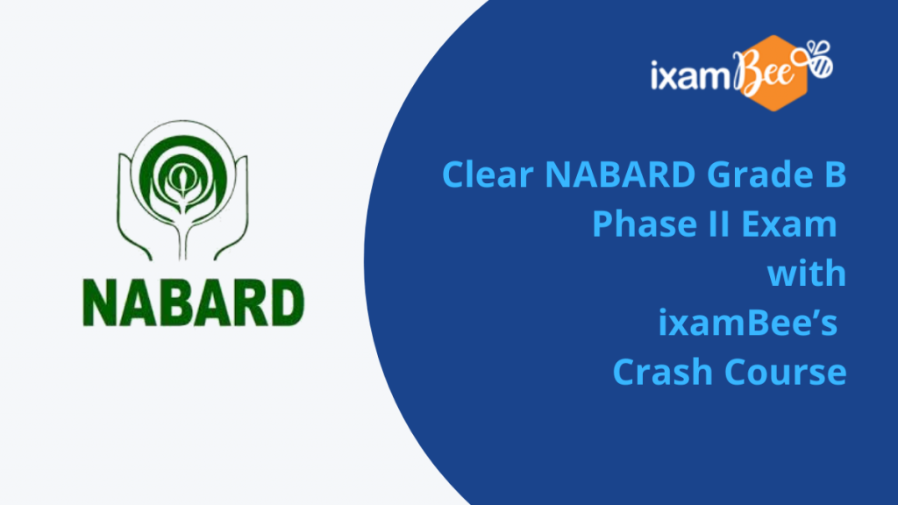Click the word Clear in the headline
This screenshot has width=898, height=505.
tap(488, 174)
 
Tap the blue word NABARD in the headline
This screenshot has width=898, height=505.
tap(620, 174)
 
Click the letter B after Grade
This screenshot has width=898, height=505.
tap(836, 174)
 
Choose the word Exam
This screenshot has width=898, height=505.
tap(788, 224)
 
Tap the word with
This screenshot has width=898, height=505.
tap(807, 274)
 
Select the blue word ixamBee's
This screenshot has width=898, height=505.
tap(747, 323)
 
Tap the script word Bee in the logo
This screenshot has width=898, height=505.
tap(765, 72)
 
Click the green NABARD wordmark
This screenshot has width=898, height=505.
tap(194, 302)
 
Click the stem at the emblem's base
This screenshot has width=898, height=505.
tap(182, 240)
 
